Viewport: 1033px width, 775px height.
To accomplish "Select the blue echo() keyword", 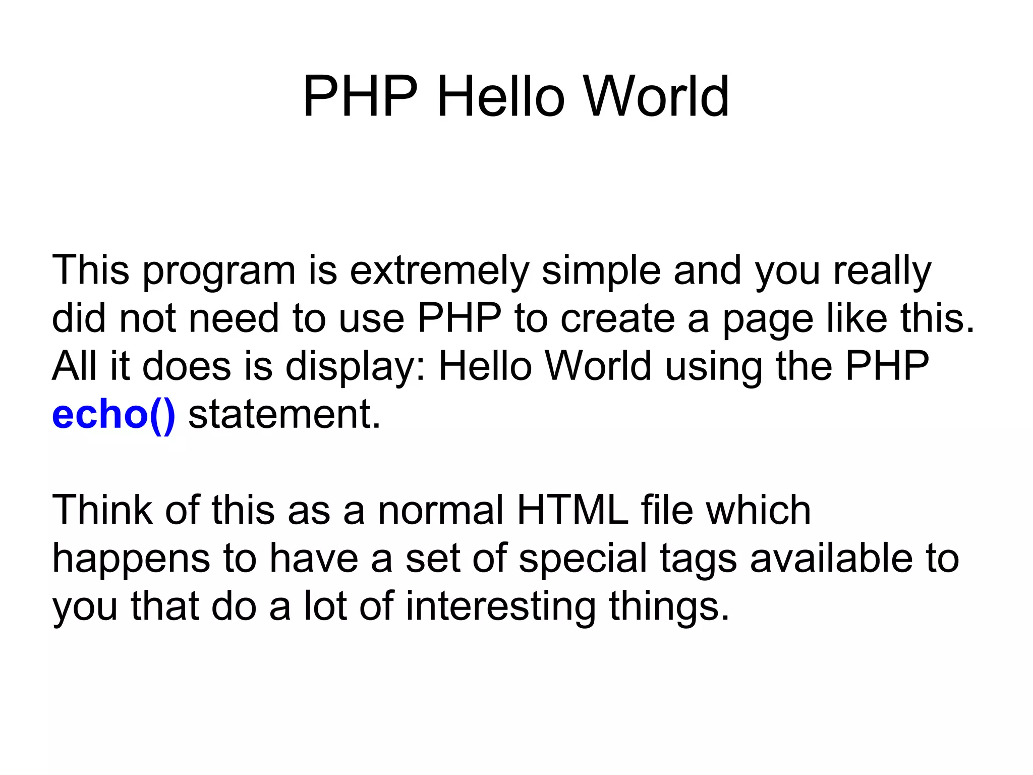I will (113, 415).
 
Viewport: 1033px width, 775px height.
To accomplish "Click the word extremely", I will (439, 271).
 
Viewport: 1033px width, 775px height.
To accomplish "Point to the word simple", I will (601, 271).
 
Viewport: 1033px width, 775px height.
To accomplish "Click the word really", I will (882, 271).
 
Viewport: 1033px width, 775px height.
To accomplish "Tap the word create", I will (617, 319).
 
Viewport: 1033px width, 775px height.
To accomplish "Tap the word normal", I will (441, 510).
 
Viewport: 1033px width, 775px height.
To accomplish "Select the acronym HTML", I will (572, 510).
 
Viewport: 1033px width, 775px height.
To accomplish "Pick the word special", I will (583, 559).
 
